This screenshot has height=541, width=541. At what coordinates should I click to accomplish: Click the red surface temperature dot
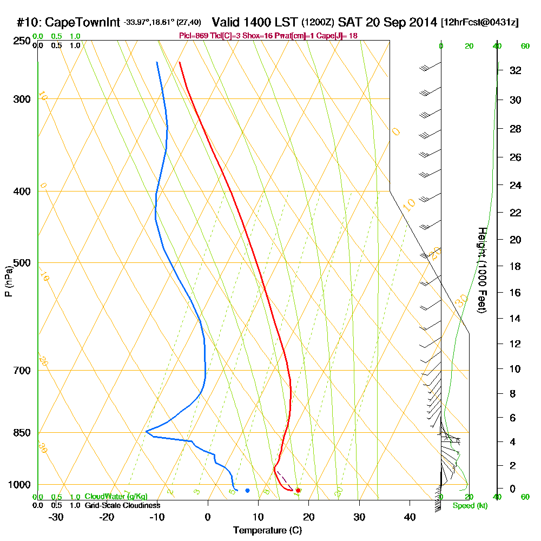tap(298, 490)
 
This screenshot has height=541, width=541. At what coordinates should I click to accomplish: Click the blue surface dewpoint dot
tap(247, 491)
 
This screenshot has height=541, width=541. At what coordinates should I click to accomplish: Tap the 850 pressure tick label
tap(20, 433)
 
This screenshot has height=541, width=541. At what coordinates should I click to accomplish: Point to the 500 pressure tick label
tap(20, 263)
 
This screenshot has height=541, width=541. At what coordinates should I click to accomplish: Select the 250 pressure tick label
tap(20, 41)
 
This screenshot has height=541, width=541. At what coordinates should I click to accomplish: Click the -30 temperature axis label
tap(56, 517)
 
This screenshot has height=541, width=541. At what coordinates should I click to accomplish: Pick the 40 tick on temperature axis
tap(410, 517)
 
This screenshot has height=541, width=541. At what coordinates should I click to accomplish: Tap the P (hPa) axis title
tap(8, 281)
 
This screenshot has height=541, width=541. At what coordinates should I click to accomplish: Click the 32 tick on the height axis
tap(514, 70)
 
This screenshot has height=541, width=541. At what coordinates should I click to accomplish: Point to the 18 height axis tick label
tap(514, 266)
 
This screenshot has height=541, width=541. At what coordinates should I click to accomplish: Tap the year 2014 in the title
tap(422, 23)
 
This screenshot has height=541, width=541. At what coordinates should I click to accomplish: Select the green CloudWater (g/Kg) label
tap(116, 496)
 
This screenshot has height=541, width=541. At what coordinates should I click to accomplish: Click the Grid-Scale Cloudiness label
tap(122, 505)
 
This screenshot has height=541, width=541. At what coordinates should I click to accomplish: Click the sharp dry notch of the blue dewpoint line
tap(146, 431)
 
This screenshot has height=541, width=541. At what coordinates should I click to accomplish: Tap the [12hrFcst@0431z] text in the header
tap(480, 23)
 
